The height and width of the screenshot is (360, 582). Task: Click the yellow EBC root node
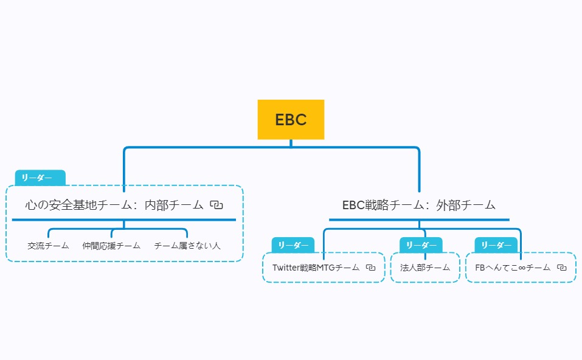[291, 120]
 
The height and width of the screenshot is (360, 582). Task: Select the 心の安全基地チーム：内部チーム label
[114, 205]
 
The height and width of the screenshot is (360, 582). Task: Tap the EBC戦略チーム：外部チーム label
[419, 205]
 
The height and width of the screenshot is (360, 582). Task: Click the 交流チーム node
[48, 246]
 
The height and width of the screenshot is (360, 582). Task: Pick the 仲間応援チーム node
[111, 246]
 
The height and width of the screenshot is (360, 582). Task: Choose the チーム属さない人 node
[187, 246]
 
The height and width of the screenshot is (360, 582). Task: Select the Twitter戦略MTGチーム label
[316, 268]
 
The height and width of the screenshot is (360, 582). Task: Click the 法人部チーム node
[425, 268]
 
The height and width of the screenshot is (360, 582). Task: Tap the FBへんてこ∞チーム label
[513, 268]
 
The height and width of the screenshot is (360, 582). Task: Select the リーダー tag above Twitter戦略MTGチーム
[293, 245]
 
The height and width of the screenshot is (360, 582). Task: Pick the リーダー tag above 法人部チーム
[420, 245]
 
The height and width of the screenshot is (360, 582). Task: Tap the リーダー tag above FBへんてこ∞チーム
[496, 245]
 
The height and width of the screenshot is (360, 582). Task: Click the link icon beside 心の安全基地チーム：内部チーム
[217, 205]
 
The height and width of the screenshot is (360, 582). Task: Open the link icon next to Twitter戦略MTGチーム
[371, 268]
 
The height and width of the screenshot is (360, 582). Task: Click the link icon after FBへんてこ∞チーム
[562, 268]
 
